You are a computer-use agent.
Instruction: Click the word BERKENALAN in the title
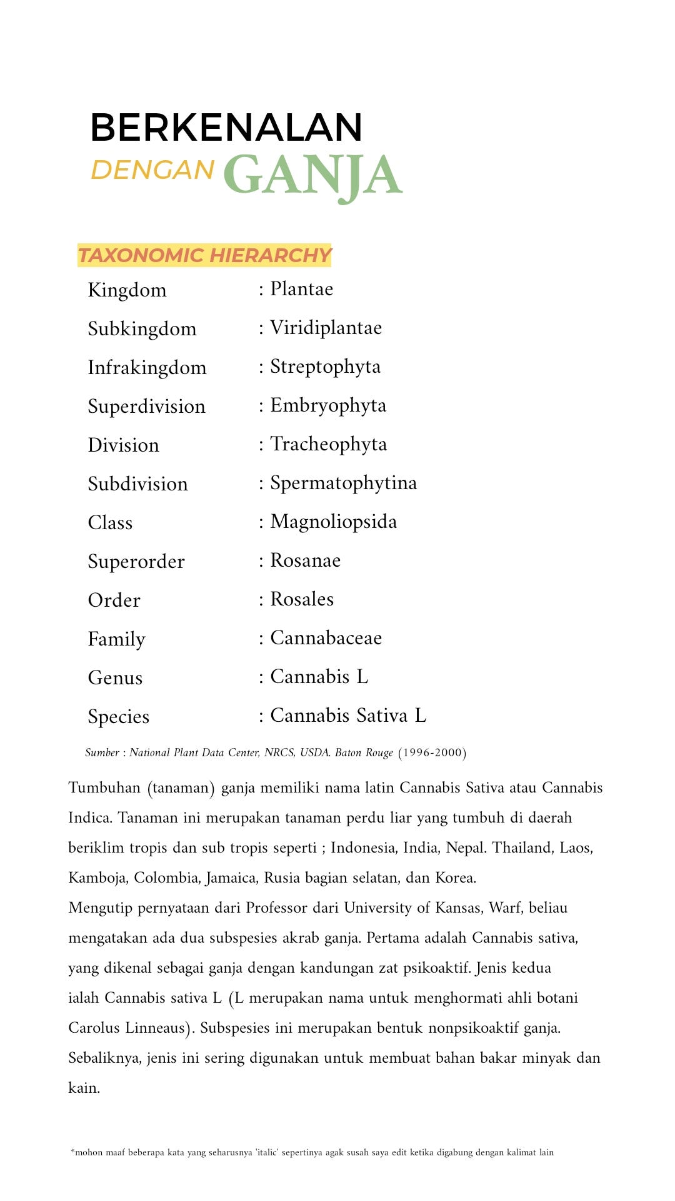click(226, 128)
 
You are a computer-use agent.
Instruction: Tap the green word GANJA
click(312, 176)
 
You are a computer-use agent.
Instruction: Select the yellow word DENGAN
click(152, 170)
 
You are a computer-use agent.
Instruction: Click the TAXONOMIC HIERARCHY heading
click(204, 255)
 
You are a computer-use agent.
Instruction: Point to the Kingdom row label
click(127, 290)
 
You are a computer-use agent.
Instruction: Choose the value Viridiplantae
click(326, 328)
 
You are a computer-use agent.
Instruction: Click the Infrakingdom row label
click(147, 368)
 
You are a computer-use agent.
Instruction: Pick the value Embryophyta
click(328, 405)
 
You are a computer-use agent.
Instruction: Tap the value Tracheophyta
click(328, 444)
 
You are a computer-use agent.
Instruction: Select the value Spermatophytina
click(343, 483)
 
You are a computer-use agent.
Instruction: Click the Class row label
click(110, 523)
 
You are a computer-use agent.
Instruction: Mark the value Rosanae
click(305, 560)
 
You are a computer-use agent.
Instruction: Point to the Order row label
click(114, 600)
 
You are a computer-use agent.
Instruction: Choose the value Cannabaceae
click(326, 638)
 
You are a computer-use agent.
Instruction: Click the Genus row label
click(115, 678)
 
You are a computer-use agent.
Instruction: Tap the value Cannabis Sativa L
click(348, 716)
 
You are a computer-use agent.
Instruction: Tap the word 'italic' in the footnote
click(267, 1152)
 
